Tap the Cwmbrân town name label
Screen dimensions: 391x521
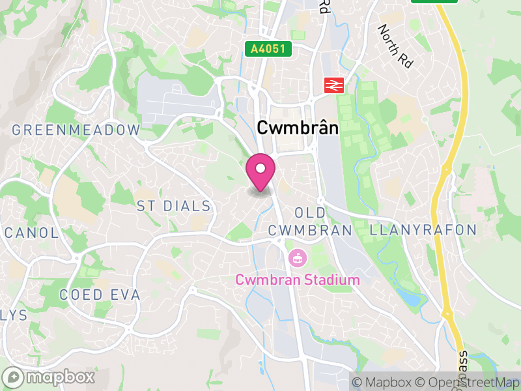point(298,128)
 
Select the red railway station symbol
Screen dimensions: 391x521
point(334,85)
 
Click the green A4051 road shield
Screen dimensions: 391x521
point(268,49)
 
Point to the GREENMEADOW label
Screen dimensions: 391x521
point(76,130)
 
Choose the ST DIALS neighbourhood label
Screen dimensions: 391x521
point(174,207)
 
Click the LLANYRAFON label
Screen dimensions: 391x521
point(423,230)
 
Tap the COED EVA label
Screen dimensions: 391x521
point(100,295)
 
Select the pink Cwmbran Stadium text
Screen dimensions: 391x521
point(298,280)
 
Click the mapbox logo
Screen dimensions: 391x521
point(49,377)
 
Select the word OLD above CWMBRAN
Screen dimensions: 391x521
point(309,213)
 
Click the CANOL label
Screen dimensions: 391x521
point(31,233)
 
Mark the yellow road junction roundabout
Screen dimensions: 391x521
point(447,314)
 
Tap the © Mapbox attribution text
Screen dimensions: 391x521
point(383,382)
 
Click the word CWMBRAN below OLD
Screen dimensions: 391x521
point(310,230)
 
